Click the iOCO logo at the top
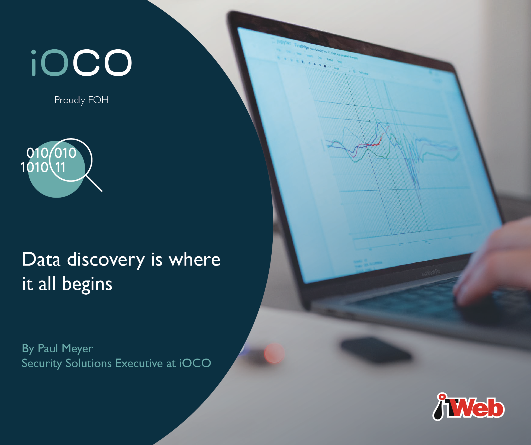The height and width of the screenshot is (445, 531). click(x=81, y=63)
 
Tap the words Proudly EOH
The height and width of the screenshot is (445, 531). click(x=81, y=100)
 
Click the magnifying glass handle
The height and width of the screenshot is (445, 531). click(x=94, y=183)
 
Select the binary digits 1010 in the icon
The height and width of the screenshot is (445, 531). click(x=34, y=167)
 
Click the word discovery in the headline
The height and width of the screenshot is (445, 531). click(x=106, y=260)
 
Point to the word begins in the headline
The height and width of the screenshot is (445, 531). click(x=87, y=284)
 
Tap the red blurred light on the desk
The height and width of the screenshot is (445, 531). click(x=274, y=353)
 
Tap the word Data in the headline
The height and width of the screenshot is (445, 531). click(x=41, y=260)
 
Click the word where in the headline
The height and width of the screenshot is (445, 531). click(x=194, y=260)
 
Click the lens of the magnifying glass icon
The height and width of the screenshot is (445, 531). click(x=71, y=160)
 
